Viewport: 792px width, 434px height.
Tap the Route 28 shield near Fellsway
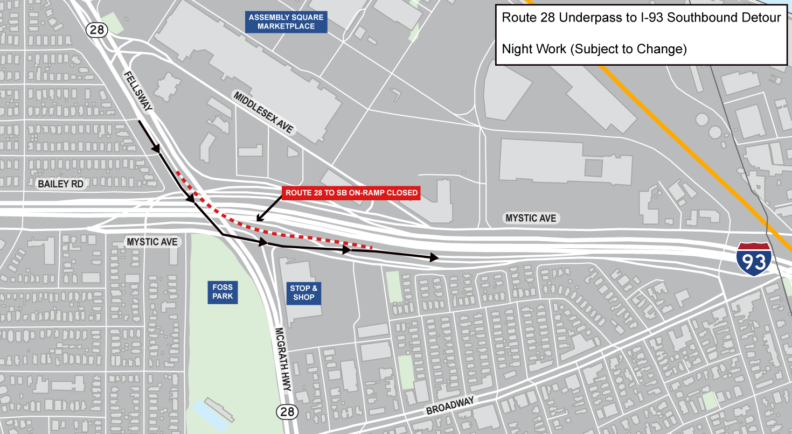tap(97, 30)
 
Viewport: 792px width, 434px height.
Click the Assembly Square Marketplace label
tap(286, 22)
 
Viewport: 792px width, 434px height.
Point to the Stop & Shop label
tap(304, 292)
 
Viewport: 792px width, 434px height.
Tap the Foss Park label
tap(222, 292)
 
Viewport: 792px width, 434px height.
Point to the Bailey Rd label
tap(61, 184)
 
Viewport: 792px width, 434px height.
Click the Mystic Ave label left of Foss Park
tap(152, 242)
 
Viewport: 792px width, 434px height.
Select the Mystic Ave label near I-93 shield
tap(531, 218)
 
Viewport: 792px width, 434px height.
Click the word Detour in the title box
tap(761, 17)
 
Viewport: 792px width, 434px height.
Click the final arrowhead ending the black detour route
tap(434, 258)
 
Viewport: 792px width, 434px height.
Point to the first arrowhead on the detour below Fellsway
tap(156, 148)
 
